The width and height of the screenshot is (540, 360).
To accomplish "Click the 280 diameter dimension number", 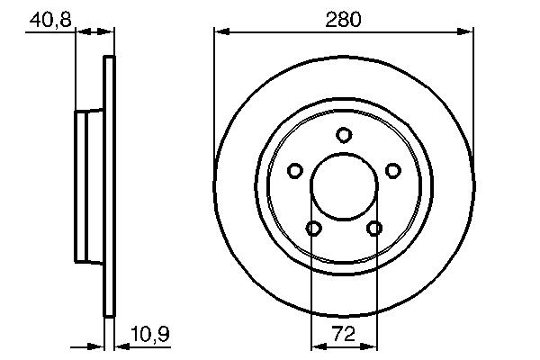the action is coord(343,20).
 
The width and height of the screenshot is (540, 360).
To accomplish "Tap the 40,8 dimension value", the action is coord(50,20).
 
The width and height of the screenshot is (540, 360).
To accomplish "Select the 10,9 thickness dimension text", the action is coord(150,334).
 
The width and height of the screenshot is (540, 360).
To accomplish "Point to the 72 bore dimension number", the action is coord(344,334).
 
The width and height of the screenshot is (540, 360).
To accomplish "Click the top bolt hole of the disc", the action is coord(344,135).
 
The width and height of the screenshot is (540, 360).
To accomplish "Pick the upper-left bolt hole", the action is coord(295,170).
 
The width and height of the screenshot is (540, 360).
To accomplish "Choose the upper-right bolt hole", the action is coord(393,170).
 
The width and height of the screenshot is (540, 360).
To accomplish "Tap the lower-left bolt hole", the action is coord(313,228).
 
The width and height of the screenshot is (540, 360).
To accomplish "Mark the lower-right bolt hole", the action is coord(374,228).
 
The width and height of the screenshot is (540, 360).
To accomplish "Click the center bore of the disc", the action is coord(344,186).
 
